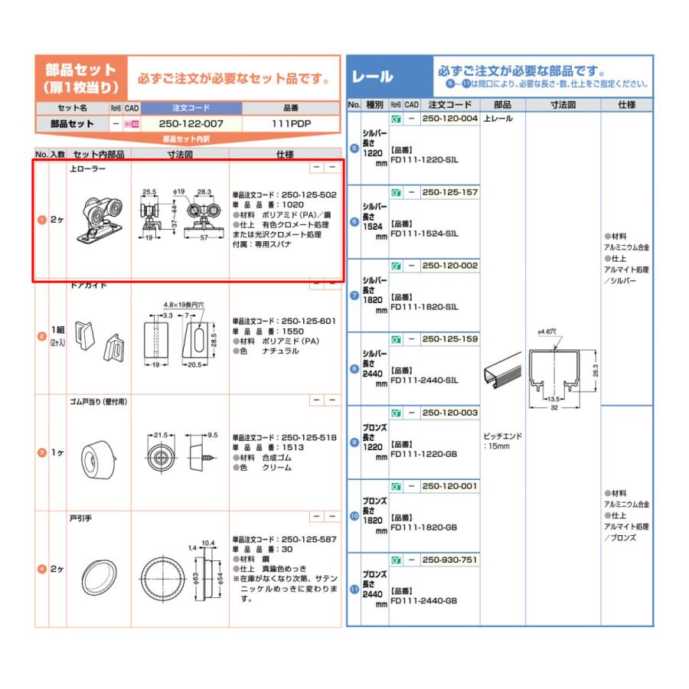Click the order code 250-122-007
(x=191, y=123)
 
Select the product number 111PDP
(x=291, y=123)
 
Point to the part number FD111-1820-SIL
(x=424, y=306)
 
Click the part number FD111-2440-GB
(x=424, y=601)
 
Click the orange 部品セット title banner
(x=80, y=78)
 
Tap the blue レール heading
(x=373, y=77)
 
